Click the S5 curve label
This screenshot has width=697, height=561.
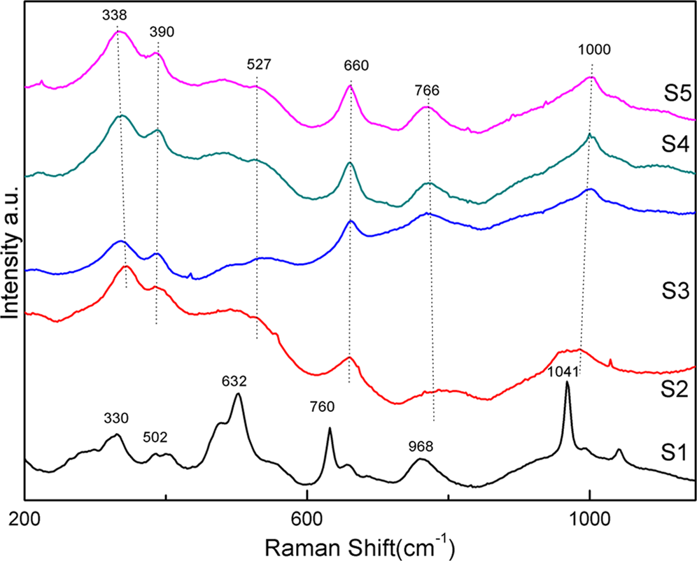[677, 92]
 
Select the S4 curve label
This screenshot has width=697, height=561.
[677, 145]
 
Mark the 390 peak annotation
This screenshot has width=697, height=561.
[161, 31]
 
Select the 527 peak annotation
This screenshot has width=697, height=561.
[258, 64]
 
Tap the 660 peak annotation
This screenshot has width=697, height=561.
[355, 66]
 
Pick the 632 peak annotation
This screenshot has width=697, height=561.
[234, 381]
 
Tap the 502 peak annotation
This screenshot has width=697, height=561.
[155, 438]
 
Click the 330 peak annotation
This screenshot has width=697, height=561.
[116, 419]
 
